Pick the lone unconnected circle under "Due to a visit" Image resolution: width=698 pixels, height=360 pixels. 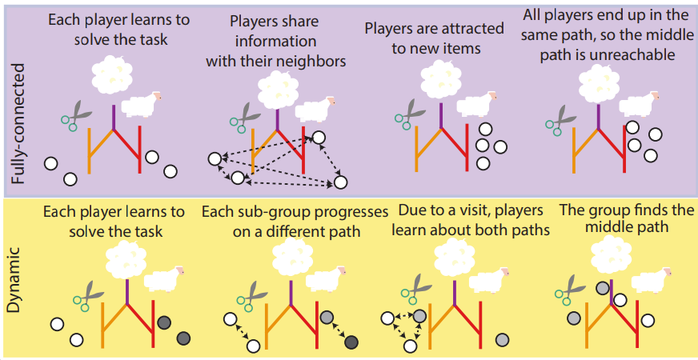(x=502, y=340)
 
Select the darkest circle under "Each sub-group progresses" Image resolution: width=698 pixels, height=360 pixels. (x=351, y=343)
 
